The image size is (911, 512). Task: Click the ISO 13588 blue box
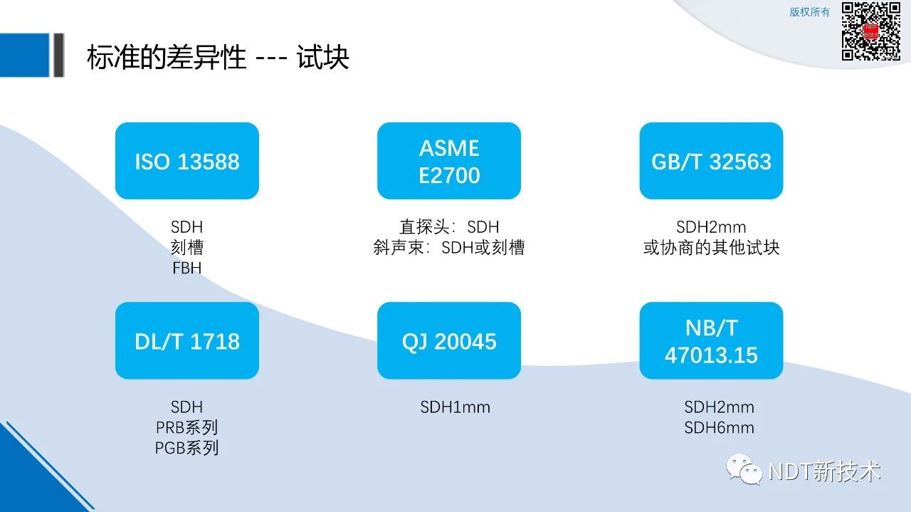point(187,161)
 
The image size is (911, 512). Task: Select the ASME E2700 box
point(449,161)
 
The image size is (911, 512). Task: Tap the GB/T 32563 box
point(711,161)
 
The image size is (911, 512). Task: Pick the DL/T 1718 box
point(187,340)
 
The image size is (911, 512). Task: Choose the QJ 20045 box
point(449,340)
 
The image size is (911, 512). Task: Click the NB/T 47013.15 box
point(711,340)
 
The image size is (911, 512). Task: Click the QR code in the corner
point(870,31)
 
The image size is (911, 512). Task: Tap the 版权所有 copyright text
point(809,12)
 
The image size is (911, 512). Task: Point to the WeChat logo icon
point(744,469)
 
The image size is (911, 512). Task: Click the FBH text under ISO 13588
point(187,268)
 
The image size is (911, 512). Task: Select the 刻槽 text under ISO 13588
point(187,247)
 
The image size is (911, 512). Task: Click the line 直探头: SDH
point(449,226)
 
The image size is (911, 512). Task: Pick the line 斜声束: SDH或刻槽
point(449,247)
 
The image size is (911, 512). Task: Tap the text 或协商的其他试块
point(711,247)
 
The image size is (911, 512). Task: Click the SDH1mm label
point(455,407)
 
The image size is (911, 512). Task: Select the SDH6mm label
point(719,428)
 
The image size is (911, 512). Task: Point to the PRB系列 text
point(187,427)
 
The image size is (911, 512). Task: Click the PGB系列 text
point(187,448)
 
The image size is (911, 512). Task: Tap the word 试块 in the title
point(323,57)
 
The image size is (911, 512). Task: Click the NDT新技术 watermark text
point(825,471)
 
